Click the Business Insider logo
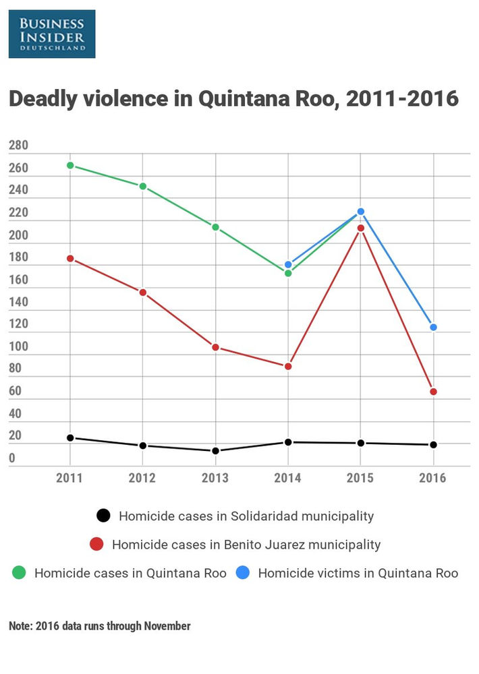[52, 33]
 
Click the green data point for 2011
[70, 165]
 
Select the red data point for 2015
[361, 228]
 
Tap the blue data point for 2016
[434, 328]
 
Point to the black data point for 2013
[215, 451]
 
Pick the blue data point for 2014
[289, 264]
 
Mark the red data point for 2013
[215, 347]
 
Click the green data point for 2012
[143, 186]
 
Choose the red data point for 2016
[434, 392]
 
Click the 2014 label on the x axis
[288, 479]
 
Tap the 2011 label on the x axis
[70, 479]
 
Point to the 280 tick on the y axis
[18, 146]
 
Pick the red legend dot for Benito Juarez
[96, 544]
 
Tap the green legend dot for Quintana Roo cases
[18, 574]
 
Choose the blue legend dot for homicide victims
[242, 574]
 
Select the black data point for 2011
[70, 438]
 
